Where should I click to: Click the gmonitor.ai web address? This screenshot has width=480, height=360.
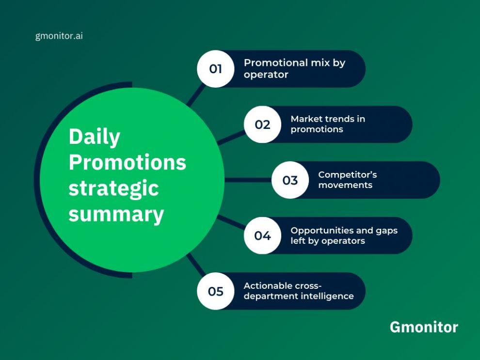pos(59,36)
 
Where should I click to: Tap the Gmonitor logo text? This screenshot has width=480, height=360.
pos(423,327)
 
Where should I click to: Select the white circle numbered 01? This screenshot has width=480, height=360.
pos(216,69)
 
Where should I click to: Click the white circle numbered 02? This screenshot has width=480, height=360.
pos(262,125)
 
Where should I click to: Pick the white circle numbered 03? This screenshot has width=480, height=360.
pos(290,180)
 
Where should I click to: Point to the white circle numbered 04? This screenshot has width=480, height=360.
pos(262,235)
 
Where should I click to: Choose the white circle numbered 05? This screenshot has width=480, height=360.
pos(216,291)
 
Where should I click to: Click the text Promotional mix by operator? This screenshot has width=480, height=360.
pos(294,68)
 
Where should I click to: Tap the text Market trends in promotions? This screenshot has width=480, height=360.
pos(327,124)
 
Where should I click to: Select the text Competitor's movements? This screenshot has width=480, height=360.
pos(347,180)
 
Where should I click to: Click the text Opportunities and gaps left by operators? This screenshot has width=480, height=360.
pos(344,235)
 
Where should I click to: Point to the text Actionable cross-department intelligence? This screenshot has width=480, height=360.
pos(298,291)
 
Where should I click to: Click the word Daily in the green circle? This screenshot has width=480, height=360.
pos(94,137)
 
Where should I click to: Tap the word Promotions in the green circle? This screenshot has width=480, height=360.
pos(127,162)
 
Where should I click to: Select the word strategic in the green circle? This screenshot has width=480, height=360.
pos(113,188)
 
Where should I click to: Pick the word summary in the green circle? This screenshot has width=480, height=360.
pos(116,214)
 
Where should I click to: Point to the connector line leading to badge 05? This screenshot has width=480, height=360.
pos(196,266)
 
